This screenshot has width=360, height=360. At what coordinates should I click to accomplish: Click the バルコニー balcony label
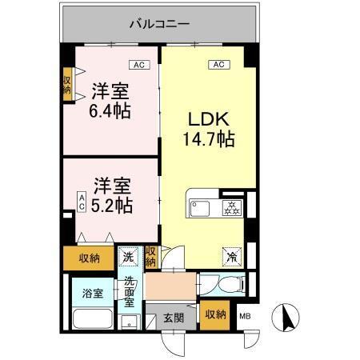(x=159, y=25)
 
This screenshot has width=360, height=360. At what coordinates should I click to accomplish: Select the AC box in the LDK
(x=216, y=64)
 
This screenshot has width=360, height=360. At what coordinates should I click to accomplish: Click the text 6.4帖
(x=110, y=110)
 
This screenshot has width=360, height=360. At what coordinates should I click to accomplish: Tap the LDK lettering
(x=207, y=120)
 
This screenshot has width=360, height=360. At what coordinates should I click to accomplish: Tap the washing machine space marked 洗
(x=129, y=257)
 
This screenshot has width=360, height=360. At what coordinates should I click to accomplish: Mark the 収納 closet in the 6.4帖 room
(x=67, y=86)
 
